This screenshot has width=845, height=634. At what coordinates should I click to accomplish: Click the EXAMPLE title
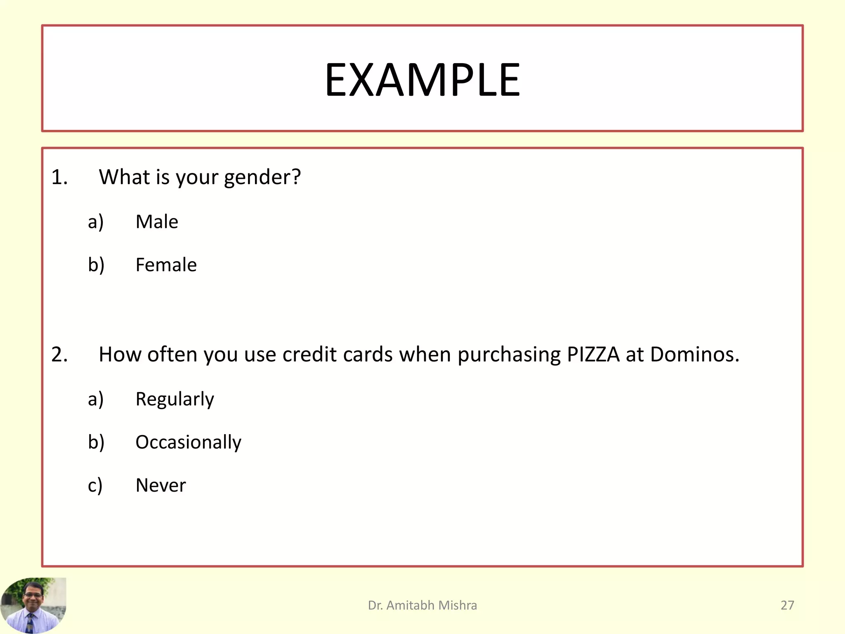(x=422, y=80)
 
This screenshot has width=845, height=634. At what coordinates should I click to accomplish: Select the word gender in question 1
(x=262, y=177)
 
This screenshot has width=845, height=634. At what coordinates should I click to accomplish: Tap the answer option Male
(x=157, y=222)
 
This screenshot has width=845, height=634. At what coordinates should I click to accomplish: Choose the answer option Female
(x=166, y=265)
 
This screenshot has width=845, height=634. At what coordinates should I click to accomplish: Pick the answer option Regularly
(x=175, y=399)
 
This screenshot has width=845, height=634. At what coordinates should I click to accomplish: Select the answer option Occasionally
(x=188, y=442)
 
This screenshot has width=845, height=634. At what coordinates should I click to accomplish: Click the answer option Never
(x=161, y=485)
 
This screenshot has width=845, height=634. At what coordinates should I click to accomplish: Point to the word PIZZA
(x=593, y=354)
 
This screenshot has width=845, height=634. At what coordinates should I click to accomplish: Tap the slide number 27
(x=787, y=605)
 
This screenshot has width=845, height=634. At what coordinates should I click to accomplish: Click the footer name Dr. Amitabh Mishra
(x=422, y=605)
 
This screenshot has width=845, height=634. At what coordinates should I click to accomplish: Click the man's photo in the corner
(x=33, y=605)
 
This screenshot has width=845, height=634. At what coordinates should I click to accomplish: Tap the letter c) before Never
(x=95, y=485)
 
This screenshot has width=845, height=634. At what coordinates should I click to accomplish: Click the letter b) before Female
(x=96, y=265)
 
